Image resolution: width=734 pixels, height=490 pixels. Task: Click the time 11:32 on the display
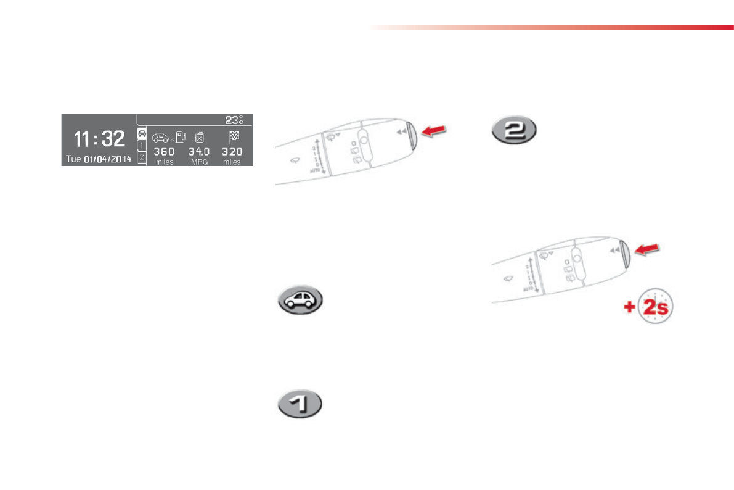(x=99, y=139)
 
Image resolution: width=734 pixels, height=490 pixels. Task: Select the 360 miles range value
(x=164, y=152)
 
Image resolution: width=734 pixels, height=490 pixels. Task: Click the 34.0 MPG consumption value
(x=199, y=152)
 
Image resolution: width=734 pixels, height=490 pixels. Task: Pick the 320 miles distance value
(x=232, y=152)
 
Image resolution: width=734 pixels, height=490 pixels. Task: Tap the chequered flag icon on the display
(x=233, y=137)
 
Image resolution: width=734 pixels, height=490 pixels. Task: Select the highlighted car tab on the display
(x=141, y=133)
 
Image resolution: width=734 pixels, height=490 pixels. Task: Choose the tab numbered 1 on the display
(x=141, y=146)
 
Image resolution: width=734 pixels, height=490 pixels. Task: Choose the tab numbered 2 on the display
(x=141, y=158)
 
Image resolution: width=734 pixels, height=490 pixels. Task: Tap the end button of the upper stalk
(x=413, y=136)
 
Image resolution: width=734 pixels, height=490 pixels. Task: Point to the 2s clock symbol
(x=654, y=306)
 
